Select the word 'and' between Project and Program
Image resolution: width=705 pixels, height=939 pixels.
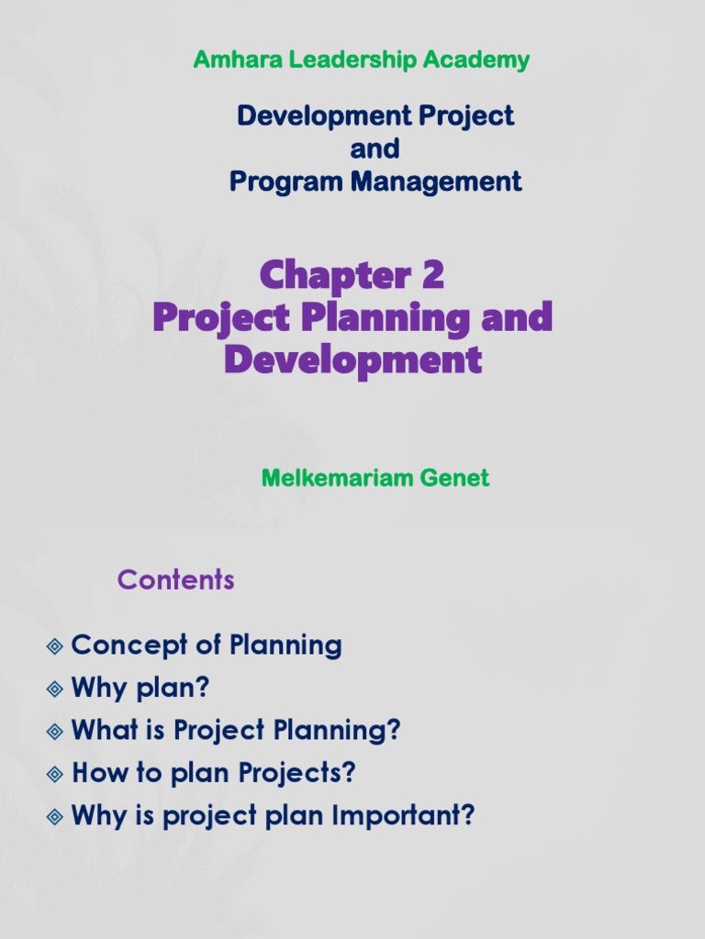tap(375, 149)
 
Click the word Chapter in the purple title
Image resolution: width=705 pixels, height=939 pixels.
tap(334, 275)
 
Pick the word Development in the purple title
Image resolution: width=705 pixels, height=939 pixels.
tap(352, 359)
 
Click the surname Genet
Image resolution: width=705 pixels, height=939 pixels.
tap(455, 478)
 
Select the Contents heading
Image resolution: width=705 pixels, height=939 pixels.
tap(175, 580)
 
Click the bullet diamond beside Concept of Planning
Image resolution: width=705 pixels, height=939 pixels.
tap(55, 646)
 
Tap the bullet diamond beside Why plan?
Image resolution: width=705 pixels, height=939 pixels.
tap(55, 689)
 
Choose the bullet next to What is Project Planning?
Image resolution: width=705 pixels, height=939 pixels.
tap(55, 732)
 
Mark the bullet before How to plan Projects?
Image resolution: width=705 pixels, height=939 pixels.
tap(55, 774)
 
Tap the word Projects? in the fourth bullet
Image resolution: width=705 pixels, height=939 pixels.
tap(297, 774)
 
